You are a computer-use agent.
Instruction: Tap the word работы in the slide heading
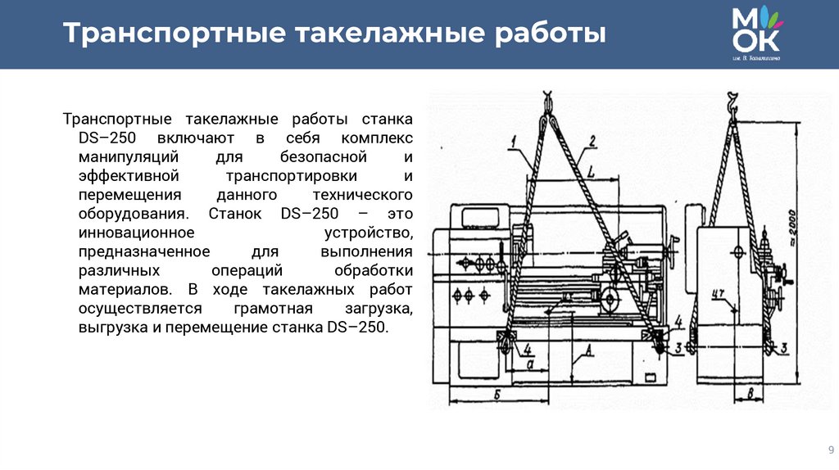pos(550,34)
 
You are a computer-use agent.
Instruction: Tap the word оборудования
pos(125,214)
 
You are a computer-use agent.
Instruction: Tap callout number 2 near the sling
pos(592,139)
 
